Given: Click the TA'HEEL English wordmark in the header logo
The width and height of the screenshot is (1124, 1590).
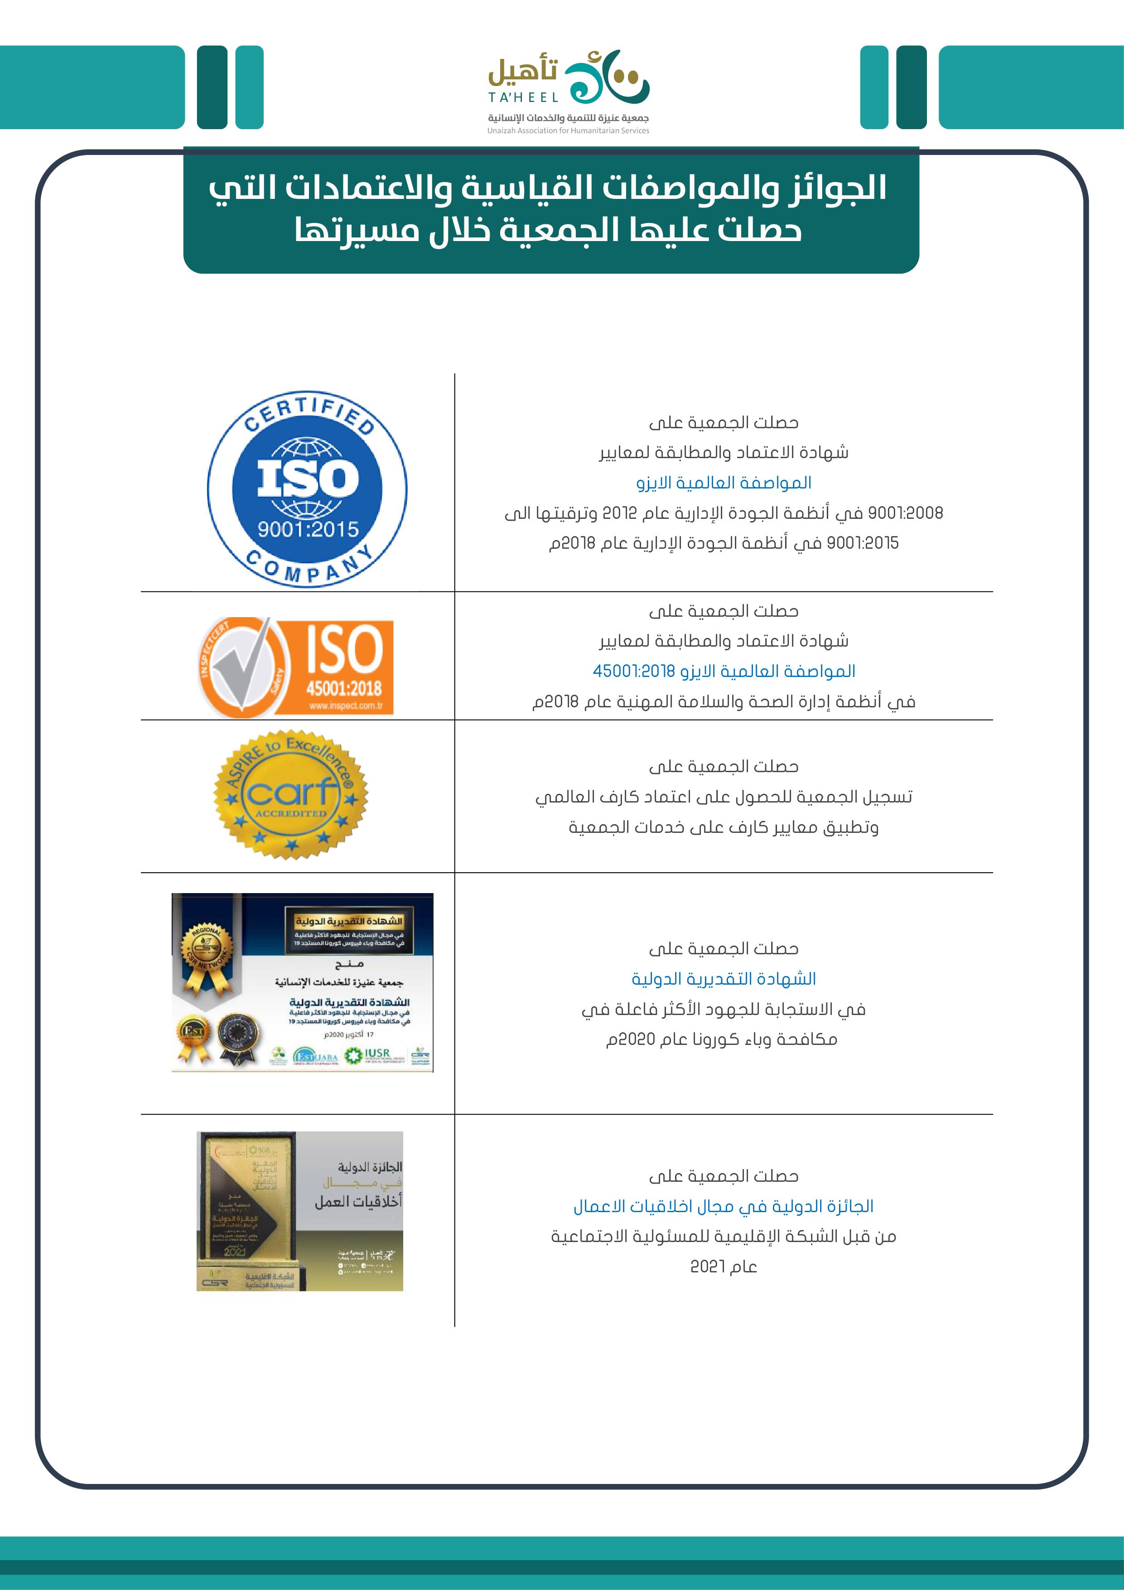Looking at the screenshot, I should (x=523, y=97).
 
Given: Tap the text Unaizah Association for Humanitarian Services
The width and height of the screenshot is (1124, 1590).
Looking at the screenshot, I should (x=568, y=130).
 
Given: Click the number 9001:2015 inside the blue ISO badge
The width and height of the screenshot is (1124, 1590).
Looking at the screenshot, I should (x=308, y=529).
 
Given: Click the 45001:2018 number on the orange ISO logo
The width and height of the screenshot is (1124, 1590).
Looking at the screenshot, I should (x=345, y=688).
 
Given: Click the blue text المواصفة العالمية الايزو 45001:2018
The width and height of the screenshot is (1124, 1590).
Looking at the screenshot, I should (x=724, y=671).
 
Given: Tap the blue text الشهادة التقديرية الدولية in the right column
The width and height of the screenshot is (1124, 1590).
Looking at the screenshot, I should (x=724, y=979).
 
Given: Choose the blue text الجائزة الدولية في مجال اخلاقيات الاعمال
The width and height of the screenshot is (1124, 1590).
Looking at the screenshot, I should (x=724, y=1206).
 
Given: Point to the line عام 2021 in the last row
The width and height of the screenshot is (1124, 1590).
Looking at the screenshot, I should (x=724, y=1266).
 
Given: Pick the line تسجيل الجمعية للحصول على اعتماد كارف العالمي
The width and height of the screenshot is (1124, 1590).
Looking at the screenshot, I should (x=724, y=797).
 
